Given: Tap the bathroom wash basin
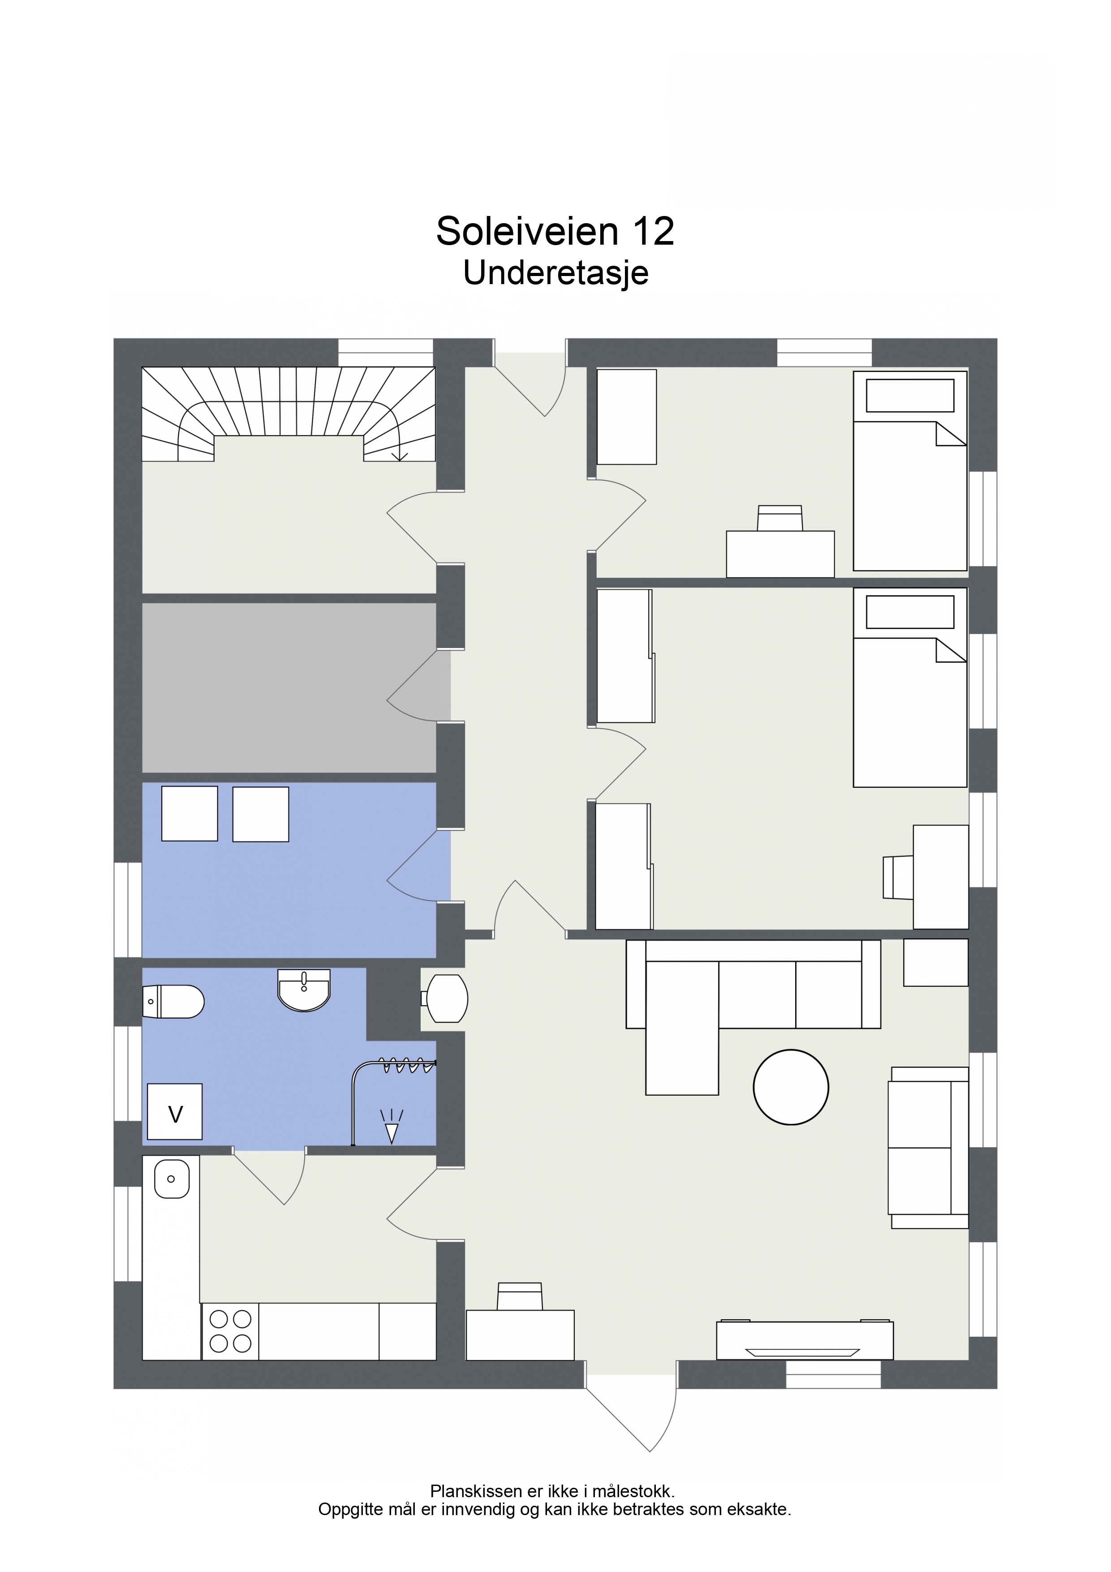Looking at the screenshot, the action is click(304, 989).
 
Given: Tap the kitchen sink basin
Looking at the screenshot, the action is click(171, 1179).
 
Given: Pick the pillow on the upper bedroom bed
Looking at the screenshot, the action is click(910, 396).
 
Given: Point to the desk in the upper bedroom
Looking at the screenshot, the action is click(780, 554).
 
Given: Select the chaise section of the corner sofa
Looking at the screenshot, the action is click(682, 1028).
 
